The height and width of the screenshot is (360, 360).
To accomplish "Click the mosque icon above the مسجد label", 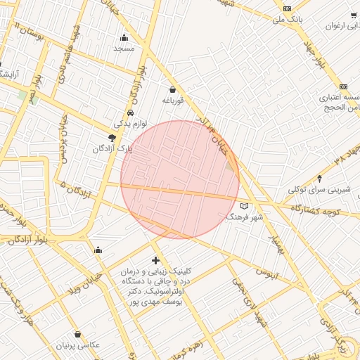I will (124, 37).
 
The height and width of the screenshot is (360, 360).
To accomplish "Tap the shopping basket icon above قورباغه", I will (173, 89).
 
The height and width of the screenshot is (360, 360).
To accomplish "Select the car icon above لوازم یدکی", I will (131, 113).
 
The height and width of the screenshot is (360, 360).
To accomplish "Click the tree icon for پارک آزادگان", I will (112, 139).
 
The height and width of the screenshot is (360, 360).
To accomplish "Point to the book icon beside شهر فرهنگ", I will (244, 206).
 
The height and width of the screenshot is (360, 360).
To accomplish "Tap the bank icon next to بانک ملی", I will (286, 8).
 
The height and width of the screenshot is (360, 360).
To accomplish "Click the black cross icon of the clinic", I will (156, 261).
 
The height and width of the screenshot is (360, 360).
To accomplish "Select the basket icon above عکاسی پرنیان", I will (77, 334).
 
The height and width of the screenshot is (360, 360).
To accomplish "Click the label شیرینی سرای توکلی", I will (318, 190).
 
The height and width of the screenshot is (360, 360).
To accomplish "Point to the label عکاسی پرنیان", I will (79, 346).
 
